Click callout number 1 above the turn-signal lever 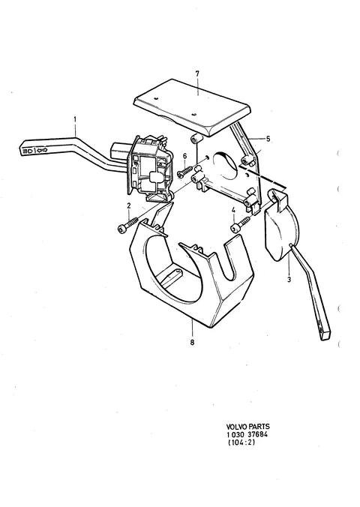(x=75, y=119)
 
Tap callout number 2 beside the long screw (x=129, y=205)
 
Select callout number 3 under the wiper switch (x=289, y=279)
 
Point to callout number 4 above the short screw (x=233, y=211)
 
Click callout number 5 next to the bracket (x=268, y=139)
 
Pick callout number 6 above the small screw (x=184, y=156)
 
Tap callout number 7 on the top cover (x=197, y=73)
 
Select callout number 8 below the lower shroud (x=192, y=342)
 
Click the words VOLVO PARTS (x=247, y=427)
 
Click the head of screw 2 (x=121, y=229)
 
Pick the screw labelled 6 (x=186, y=171)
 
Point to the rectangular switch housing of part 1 (x=149, y=168)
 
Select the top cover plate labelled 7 (x=192, y=106)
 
